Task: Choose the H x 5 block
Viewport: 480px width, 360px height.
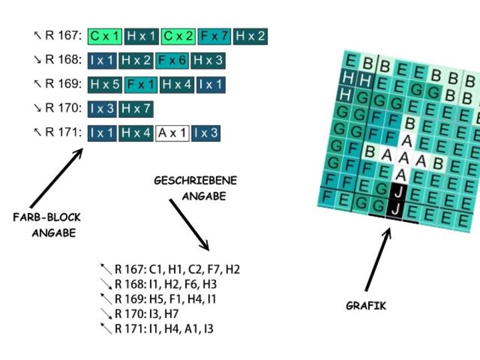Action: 104,85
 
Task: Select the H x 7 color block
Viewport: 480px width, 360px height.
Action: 135,108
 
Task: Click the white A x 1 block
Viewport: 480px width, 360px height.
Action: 172,133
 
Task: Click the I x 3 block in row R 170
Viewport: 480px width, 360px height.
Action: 102,108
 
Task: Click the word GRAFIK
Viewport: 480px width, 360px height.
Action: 366,306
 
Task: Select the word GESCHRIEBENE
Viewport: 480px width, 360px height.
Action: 195,181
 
